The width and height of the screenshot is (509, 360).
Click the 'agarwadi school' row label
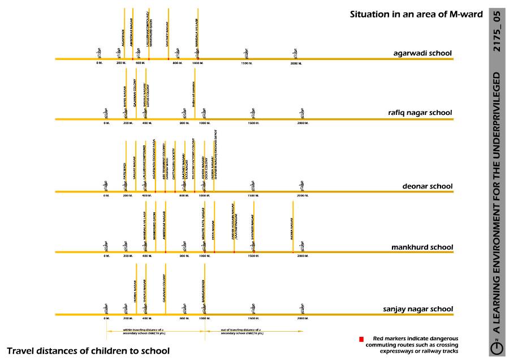coord(422,54)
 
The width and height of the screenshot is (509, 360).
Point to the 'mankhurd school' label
coord(422,247)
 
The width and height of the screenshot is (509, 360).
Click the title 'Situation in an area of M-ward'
coord(416,15)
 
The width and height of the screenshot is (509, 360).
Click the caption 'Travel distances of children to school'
coord(88,350)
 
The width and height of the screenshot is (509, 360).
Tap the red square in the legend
coord(361,339)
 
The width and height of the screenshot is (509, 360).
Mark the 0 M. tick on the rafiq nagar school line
coord(106,123)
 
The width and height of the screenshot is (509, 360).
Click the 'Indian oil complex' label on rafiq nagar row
coord(194,97)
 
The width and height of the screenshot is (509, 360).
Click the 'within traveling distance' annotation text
coord(144,331)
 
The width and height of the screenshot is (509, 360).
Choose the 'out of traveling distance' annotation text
coord(241,331)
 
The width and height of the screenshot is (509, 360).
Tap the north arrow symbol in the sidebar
coord(497,349)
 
